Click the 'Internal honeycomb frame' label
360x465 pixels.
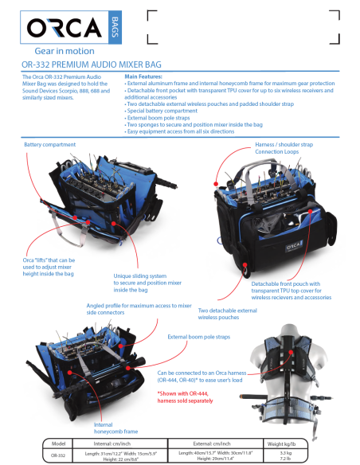click(110, 429)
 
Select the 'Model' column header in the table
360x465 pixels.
click(57, 442)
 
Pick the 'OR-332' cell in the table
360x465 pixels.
click(57, 455)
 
